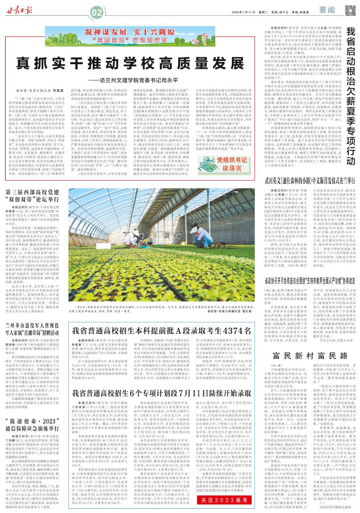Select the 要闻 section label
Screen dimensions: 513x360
coord(328,10)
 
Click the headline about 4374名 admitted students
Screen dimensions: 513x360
coord(161,330)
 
